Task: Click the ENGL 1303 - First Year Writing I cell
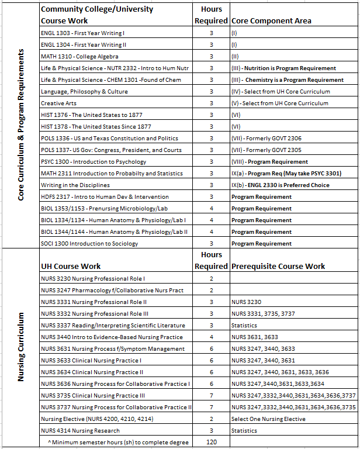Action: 83,33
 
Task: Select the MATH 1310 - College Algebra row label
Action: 79,56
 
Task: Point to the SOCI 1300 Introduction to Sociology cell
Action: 89,243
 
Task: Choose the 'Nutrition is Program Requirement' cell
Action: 283,68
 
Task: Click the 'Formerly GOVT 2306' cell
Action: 269,138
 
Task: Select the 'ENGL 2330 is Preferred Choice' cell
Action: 279,185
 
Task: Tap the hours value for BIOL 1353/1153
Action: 211,208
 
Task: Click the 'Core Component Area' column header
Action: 271,20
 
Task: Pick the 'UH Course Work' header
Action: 71,266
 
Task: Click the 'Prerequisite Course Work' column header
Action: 278,266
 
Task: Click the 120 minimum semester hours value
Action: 211,442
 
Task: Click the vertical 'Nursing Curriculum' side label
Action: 21,347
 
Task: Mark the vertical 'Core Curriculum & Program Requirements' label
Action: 21,125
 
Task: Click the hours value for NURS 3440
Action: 211,337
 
